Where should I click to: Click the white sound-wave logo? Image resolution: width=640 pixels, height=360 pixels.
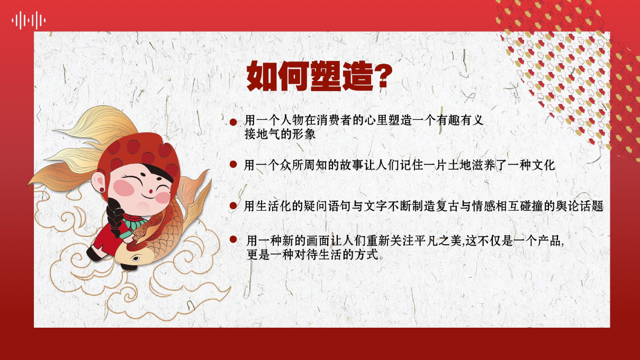pyautogui.click(x=29, y=20)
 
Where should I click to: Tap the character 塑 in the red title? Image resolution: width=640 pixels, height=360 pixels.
pyautogui.click(x=326, y=76)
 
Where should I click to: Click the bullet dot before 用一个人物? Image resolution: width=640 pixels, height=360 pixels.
pyautogui.click(x=233, y=122)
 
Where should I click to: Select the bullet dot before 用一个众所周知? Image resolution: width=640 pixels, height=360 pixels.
pyautogui.click(x=233, y=164)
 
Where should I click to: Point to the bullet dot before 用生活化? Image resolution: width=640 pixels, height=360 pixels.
pyautogui.click(x=233, y=206)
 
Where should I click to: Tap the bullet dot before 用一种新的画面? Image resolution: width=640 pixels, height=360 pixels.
pyautogui.click(x=233, y=239)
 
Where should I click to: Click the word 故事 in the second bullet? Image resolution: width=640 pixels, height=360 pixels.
pyautogui.click(x=351, y=165)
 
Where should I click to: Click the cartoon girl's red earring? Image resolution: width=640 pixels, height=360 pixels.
pyautogui.click(x=102, y=190)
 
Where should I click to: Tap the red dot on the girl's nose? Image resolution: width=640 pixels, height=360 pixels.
pyautogui.click(x=150, y=191)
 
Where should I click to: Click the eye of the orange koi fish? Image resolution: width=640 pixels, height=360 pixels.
pyautogui.click(x=136, y=259)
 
